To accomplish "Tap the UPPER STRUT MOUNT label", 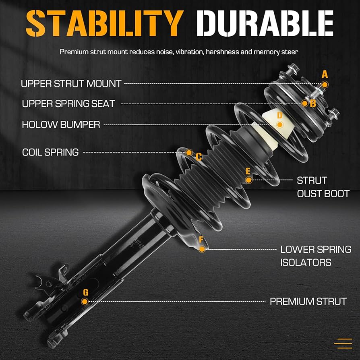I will click(71, 84).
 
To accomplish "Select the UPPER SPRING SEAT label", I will click(68, 104).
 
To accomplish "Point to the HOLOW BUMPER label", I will click(61, 125).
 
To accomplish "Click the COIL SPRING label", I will click(50, 152).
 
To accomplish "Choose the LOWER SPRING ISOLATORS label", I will click(315, 256).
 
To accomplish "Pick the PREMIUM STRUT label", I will click(308, 301).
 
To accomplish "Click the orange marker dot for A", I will click(325, 84).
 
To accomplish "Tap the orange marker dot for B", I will click(305, 103).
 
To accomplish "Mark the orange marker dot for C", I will click(188, 152).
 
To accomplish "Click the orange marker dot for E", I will click(248, 180).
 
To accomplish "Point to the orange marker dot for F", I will click(202, 249).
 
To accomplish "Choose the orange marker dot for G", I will click(85, 301).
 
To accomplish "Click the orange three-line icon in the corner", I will click(343, 343).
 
